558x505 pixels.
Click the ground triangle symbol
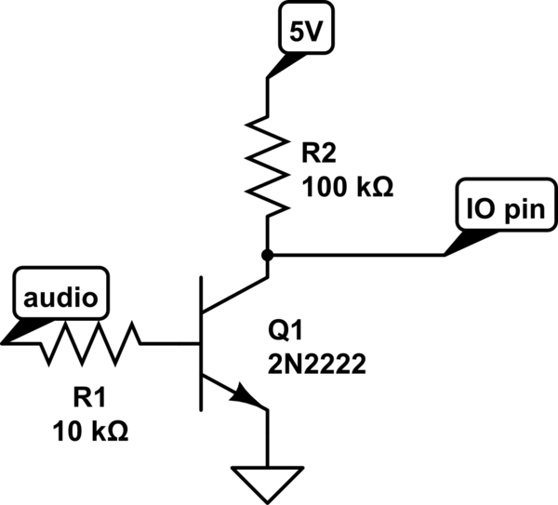268,480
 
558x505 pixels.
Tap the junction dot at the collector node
268,253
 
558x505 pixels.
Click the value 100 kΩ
348,186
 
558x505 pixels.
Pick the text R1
89,400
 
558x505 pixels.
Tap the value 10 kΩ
89,432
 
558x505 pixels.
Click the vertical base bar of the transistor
202,344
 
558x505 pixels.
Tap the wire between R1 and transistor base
172,344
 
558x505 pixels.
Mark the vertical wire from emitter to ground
268,437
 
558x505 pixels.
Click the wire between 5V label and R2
268,93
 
